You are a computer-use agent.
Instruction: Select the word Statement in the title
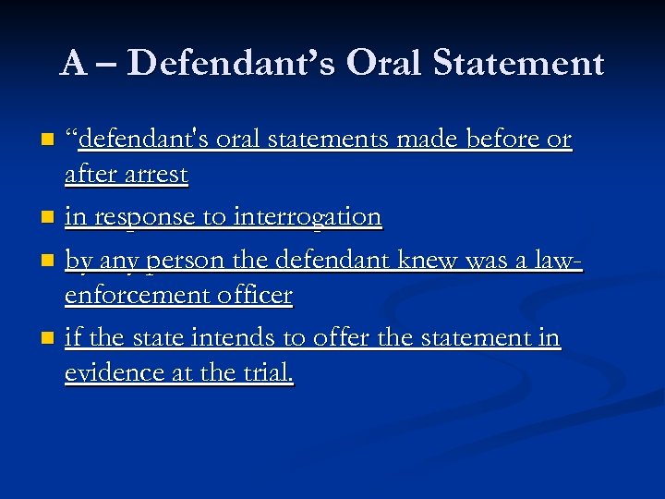click(x=518, y=63)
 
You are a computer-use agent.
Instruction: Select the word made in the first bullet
click(x=430, y=140)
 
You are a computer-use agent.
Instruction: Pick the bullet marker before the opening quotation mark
click(x=48, y=141)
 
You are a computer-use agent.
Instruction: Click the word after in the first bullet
click(x=86, y=174)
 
